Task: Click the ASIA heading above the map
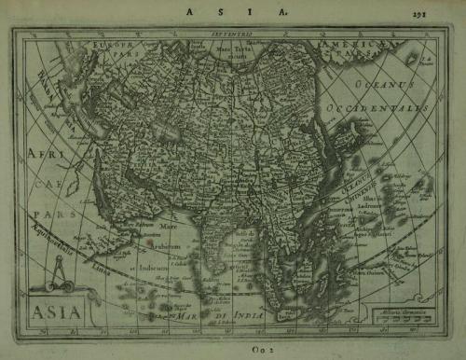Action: [233, 12]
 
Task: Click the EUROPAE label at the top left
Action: [103, 45]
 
